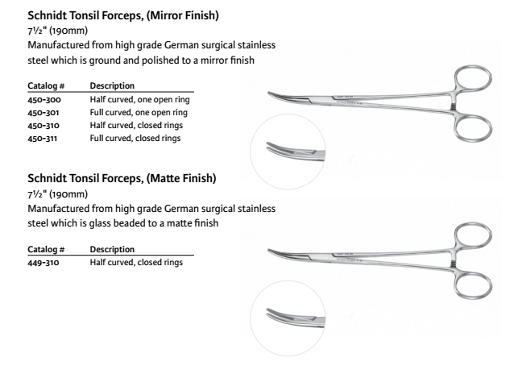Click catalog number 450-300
[x=44, y=99]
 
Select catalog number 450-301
[x=44, y=112]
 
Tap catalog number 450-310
[x=44, y=125]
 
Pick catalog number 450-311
[x=42, y=138]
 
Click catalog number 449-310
[x=44, y=263]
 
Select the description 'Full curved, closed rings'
[x=135, y=138]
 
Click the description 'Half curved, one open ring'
[x=139, y=99]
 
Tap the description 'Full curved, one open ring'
[x=139, y=112]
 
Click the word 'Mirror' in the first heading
[x=165, y=15]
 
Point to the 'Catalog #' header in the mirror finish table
[x=46, y=86]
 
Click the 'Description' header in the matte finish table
[x=112, y=249]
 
